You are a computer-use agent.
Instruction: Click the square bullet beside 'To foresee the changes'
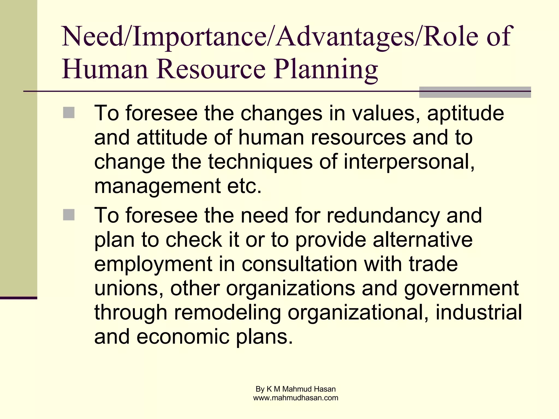(x=69, y=113)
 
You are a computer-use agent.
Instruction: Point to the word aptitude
(x=465, y=113)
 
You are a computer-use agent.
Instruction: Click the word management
(x=157, y=186)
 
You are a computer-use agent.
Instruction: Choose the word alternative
(x=423, y=240)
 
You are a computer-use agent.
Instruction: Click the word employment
(x=153, y=264)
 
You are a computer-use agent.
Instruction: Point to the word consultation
(x=299, y=264)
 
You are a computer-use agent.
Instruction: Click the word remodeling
(x=227, y=313)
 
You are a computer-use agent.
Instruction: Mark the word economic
(x=183, y=337)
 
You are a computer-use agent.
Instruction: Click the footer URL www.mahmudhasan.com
(x=296, y=398)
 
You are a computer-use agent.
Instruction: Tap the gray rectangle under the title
(x=475, y=92)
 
